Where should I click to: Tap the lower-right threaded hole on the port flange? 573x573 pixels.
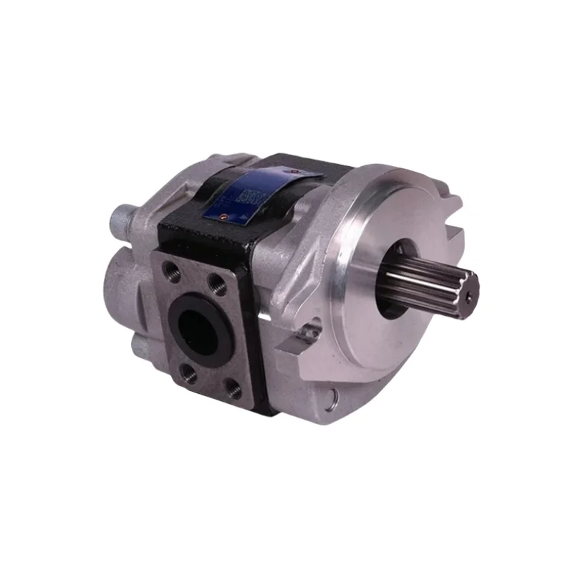coord(233,389)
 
